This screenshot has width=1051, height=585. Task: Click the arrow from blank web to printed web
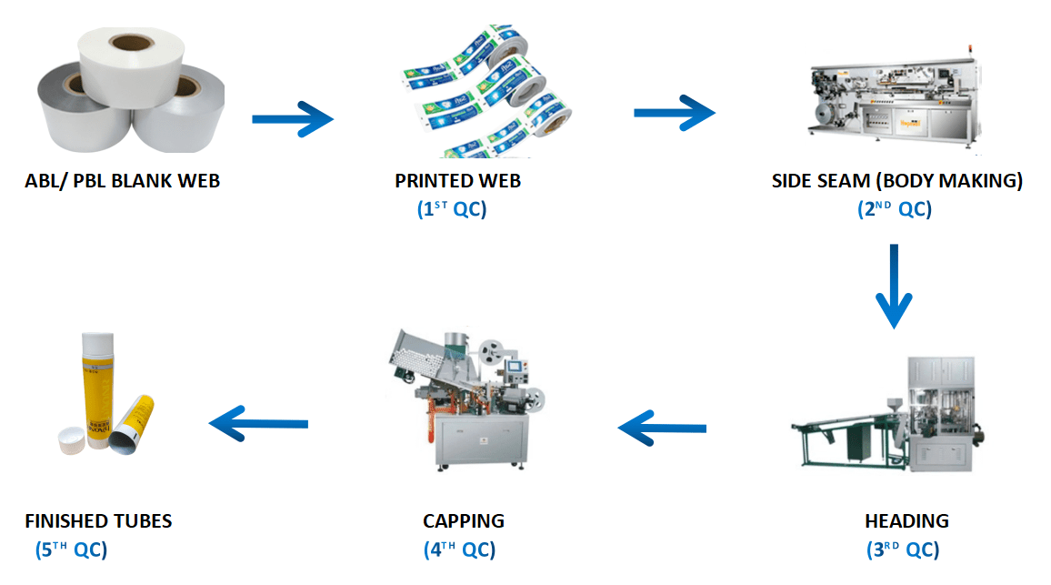[293, 119]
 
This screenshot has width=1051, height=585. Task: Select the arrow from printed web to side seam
[675, 113]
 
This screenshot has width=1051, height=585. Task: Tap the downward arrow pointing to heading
[894, 287]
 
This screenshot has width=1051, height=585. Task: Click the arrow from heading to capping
[662, 428]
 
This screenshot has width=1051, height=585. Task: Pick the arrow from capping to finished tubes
[259, 423]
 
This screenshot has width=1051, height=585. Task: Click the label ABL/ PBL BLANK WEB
[123, 181]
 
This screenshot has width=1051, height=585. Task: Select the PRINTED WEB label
[458, 181]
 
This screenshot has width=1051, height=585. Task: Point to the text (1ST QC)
[452, 209]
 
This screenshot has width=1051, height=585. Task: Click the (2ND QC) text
[895, 209]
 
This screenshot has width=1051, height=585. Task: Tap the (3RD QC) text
[903, 550]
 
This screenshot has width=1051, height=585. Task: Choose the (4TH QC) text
[459, 550]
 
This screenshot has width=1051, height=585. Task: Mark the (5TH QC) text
[71, 550]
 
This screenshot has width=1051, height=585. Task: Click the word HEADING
[906, 521]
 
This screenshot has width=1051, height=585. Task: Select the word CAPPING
[464, 521]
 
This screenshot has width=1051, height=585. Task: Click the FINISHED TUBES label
[98, 521]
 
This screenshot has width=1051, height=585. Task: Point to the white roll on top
[131, 66]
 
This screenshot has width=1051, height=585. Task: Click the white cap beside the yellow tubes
[73, 440]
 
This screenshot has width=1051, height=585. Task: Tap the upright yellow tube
[98, 390]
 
